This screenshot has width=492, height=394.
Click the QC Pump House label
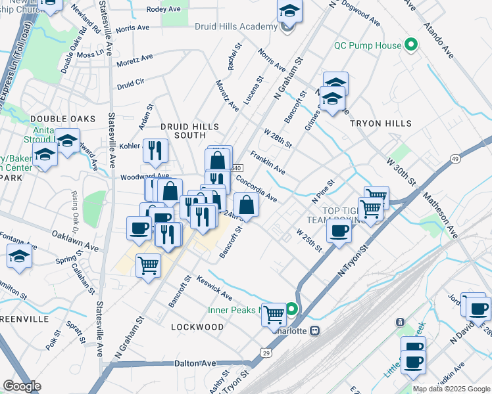(367, 45)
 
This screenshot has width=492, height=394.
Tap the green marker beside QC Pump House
(411, 45)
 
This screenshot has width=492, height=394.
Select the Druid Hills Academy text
(236, 26)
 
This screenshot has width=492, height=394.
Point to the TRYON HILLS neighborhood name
(380, 123)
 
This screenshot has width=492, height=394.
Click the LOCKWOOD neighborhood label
(197, 326)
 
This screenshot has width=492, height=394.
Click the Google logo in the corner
(22, 386)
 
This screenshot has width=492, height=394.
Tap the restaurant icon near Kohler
(155, 150)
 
